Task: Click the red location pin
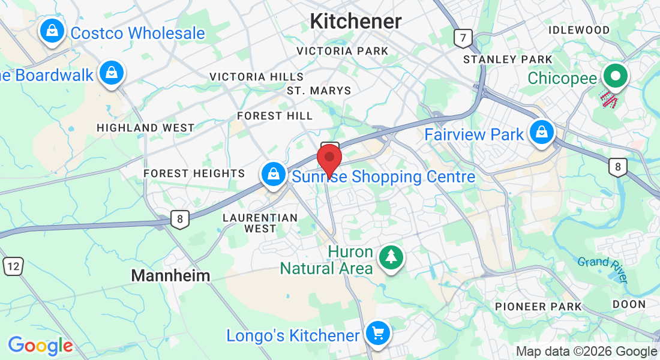pos(329,159)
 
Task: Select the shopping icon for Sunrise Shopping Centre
pos(274,174)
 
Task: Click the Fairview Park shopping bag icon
pos(542,132)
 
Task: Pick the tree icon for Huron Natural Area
pos(391,257)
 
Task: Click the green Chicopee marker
pos(615,76)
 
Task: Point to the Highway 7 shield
pos(461,38)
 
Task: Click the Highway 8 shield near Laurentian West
pos(179,219)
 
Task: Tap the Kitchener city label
pos(355,22)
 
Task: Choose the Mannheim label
pos(170,276)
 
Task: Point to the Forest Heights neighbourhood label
pos(194,173)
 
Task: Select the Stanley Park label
pos(508,59)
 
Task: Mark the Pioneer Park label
pos(538,307)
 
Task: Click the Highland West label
pos(145,128)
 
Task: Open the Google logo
pos(40,346)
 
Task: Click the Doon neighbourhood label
pos(629,304)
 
